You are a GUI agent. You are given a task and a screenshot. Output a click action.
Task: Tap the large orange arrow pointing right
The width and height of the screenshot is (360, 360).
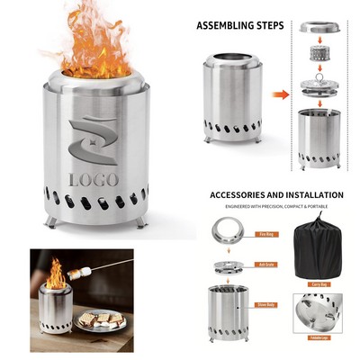tap(281, 94)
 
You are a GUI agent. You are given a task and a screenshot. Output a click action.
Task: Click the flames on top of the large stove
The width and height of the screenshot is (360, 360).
tap(94, 45)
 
